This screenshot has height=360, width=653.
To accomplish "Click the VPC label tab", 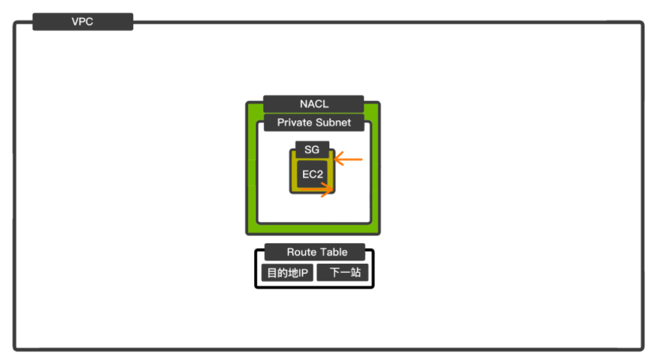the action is coord(82,22).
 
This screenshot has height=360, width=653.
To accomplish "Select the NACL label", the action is coord(313,104).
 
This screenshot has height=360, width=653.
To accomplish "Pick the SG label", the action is coord(311,149).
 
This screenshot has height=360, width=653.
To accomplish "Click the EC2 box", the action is coord(313,175).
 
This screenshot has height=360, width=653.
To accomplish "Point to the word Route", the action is coord(301,252).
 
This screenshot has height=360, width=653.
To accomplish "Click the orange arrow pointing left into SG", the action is coord(348,159).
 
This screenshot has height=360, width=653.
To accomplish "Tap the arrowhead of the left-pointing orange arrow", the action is coord(337,159).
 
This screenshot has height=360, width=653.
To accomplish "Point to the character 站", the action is coord(355,273).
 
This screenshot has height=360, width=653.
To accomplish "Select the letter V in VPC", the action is coord(75,22).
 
